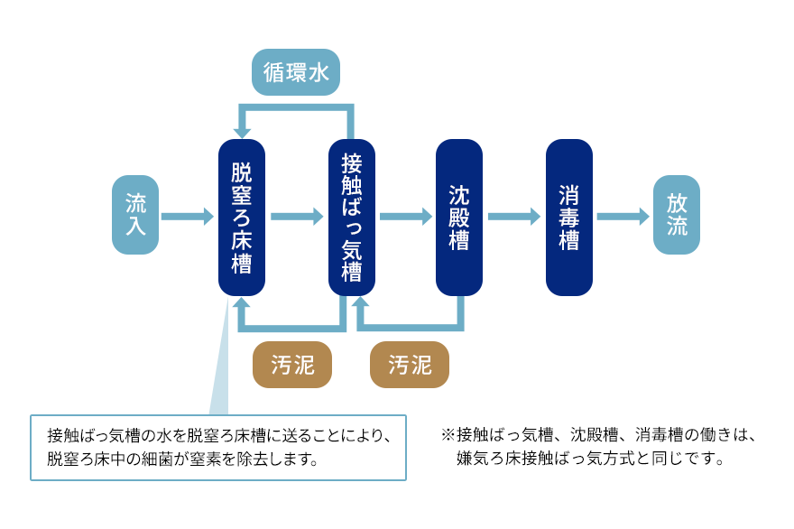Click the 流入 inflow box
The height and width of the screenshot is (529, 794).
click(x=135, y=215)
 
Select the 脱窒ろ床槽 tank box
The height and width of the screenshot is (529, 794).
click(x=241, y=218)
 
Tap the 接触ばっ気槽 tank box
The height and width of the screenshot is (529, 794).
click(x=351, y=218)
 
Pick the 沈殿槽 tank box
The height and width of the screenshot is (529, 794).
click(x=459, y=218)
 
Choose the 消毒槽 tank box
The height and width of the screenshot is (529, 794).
click(x=568, y=218)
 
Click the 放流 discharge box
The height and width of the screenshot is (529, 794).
click(x=677, y=215)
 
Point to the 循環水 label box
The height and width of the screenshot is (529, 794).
click(x=296, y=72)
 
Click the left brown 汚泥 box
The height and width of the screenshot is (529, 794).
click(x=291, y=365)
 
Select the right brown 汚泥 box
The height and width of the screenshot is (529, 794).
click(x=410, y=365)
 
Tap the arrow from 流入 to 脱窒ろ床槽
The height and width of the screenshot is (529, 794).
click(x=188, y=217)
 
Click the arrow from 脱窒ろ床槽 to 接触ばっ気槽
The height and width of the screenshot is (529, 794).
click(x=297, y=217)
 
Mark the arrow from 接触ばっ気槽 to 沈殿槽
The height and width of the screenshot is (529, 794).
click(x=406, y=217)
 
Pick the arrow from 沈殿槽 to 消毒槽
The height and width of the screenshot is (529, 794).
click(x=514, y=217)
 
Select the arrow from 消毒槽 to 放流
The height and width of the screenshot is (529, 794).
click(x=623, y=217)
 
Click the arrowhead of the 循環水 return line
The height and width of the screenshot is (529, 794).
click(x=242, y=132)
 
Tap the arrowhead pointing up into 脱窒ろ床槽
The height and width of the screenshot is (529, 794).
click(x=242, y=304)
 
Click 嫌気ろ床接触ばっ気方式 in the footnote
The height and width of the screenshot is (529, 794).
click(x=549, y=459)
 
